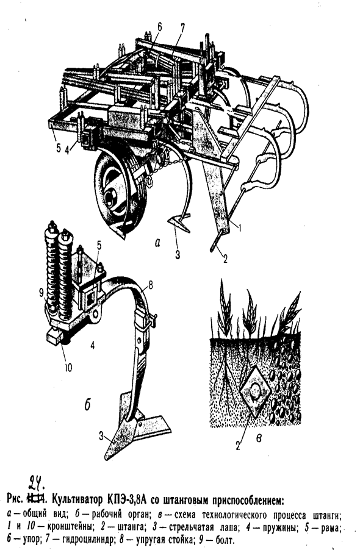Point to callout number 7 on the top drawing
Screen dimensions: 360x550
(x=182, y=27)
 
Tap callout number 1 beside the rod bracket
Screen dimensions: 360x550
(x=240, y=228)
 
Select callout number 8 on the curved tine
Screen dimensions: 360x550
(x=151, y=285)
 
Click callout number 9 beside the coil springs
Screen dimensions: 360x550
(x=41, y=291)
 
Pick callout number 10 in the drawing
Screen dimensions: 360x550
(x=68, y=368)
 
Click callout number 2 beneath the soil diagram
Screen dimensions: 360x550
(x=238, y=446)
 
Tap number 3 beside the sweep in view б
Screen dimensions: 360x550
(x=101, y=437)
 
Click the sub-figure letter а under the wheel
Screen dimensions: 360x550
(x=157, y=241)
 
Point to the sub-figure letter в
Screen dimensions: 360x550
(x=259, y=438)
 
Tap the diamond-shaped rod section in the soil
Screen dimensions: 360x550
(x=255, y=390)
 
